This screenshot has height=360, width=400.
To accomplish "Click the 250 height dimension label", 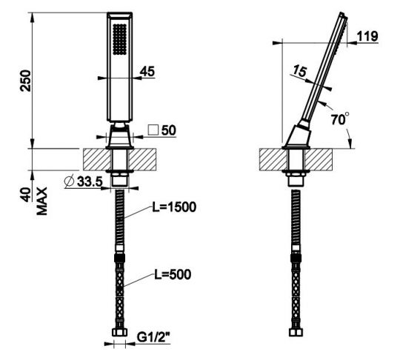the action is coord(25,81).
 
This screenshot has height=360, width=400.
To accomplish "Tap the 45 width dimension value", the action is coord(147,71).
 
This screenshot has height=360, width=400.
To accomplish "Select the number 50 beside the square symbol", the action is coord(169,130).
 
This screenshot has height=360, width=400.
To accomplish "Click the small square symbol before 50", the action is coord(153,130).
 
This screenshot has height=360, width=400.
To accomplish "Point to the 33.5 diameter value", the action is coord(90,181).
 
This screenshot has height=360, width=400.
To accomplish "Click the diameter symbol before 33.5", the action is coord(69,181).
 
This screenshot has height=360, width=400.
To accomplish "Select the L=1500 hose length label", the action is coord(174,207).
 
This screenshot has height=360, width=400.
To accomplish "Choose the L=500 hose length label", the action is coord(173,275).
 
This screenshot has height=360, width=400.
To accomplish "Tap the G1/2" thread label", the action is coord(153,337).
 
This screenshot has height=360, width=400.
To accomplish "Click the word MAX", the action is coord(41,201).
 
